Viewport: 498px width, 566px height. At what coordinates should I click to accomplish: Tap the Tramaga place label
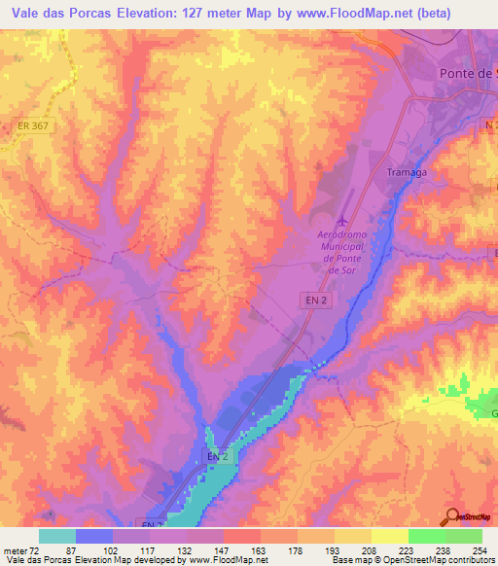pos(408,170)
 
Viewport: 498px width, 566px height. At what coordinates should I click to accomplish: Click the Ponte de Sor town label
pos(464,75)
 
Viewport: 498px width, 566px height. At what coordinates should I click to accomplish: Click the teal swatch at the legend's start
pos(57,535)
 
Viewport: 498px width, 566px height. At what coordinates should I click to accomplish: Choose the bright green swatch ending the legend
pos(464,535)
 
